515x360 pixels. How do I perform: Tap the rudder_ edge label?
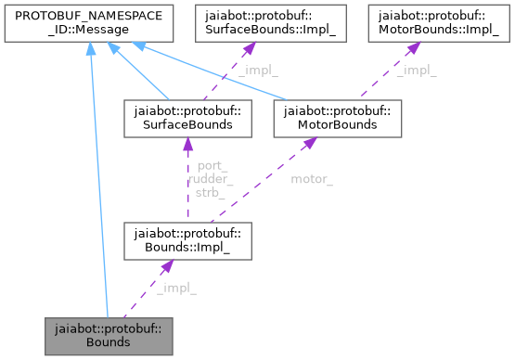pos(210,178)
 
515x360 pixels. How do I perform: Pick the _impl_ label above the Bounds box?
pos(176,288)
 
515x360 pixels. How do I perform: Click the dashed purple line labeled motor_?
pos(269,188)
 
